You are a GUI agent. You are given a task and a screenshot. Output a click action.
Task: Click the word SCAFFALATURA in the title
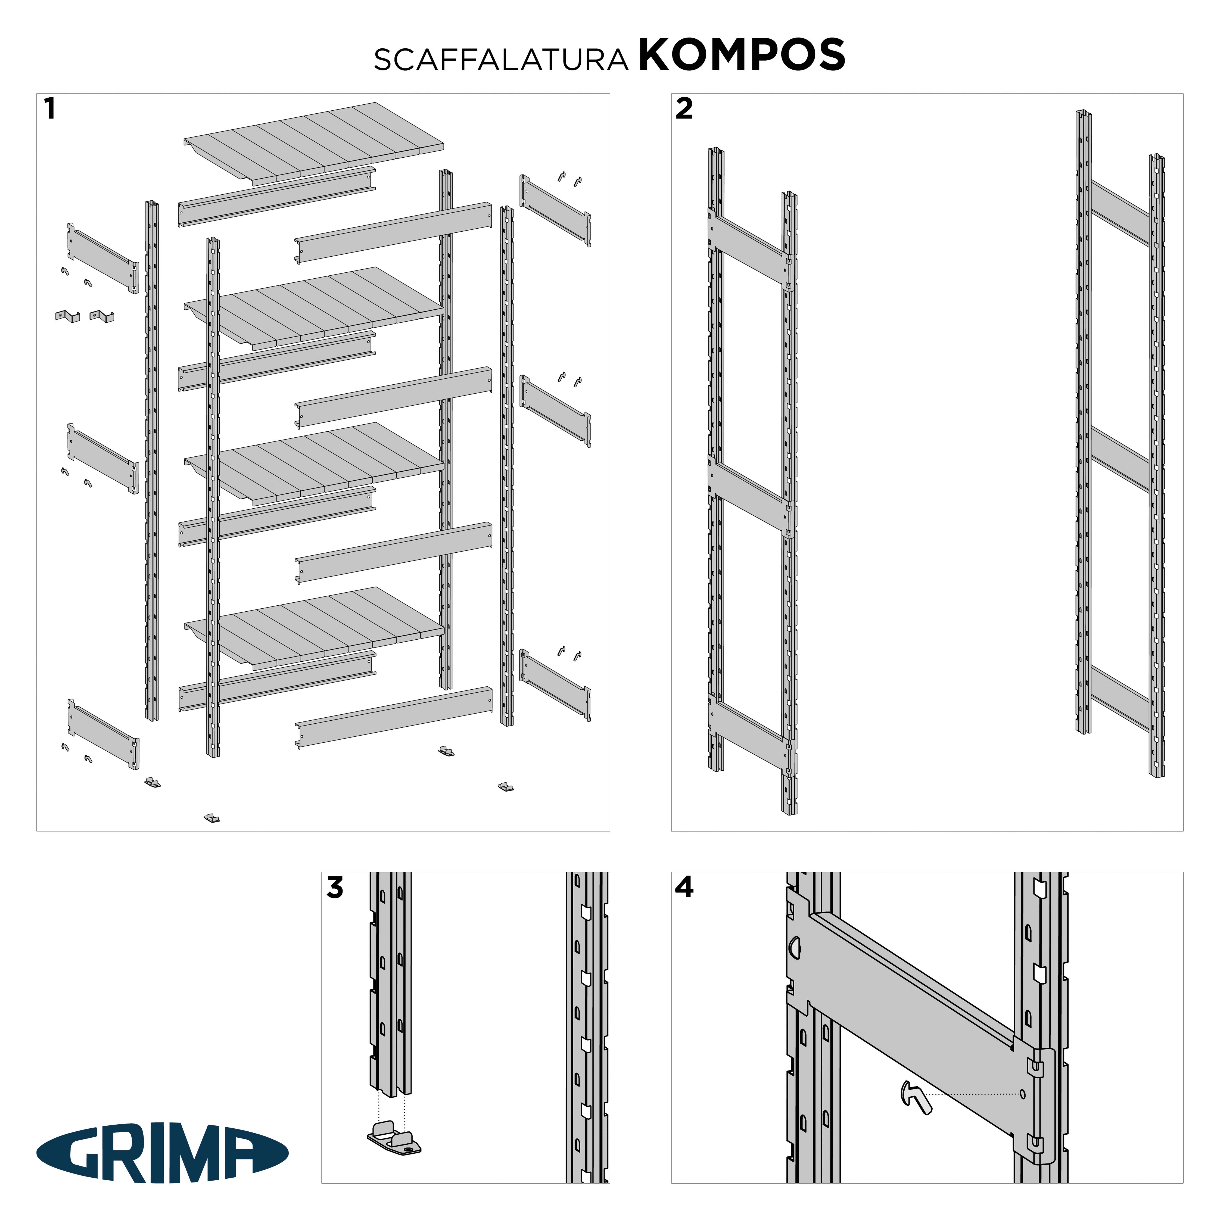click(x=501, y=59)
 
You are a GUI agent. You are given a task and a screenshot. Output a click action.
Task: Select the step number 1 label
click(x=50, y=109)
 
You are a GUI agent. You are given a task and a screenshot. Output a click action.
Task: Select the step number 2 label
click(x=684, y=109)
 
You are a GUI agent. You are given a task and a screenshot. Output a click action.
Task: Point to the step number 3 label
click(x=335, y=888)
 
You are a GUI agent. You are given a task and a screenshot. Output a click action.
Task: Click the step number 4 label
click(x=684, y=888)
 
